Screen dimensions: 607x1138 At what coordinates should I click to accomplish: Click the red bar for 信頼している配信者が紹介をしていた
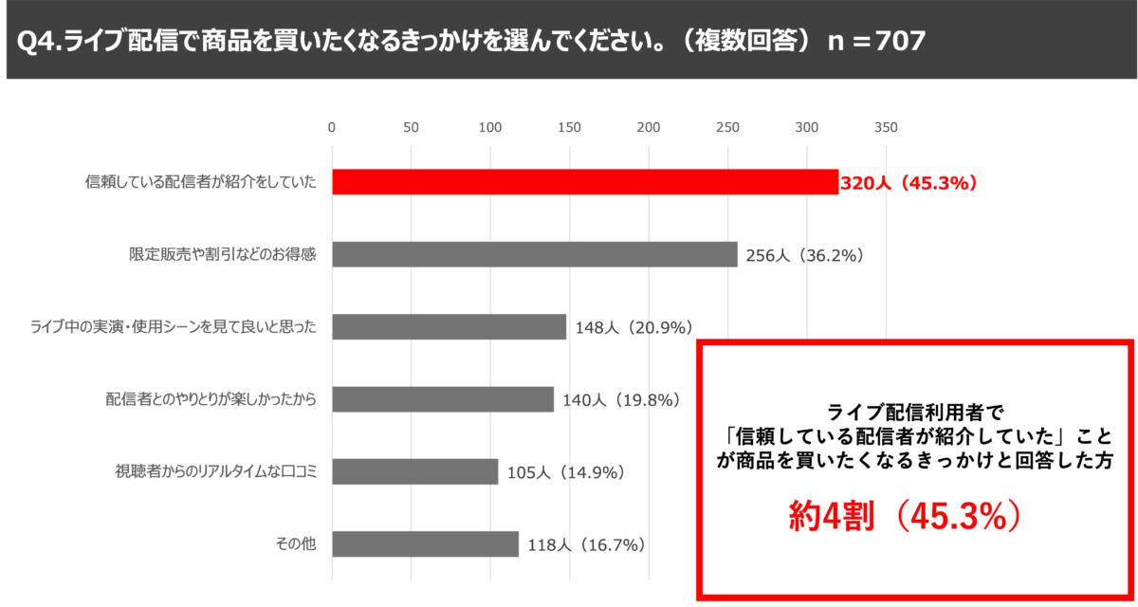[584, 182]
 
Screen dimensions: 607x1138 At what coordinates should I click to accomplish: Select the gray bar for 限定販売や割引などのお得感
[534, 254]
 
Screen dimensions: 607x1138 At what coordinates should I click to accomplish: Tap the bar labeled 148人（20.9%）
[449, 327]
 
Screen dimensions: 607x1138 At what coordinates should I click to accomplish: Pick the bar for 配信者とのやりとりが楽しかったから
[442, 399]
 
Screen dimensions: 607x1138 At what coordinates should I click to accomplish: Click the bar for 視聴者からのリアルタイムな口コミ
[414, 471]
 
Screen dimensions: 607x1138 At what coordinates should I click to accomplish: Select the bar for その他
[425, 544]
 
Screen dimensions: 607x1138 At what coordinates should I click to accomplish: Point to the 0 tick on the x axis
[332, 127]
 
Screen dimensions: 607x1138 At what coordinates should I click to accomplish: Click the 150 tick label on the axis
[569, 127]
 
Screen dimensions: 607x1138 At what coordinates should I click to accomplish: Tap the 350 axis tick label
[886, 127]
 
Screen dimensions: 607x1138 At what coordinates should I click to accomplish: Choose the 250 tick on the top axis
[727, 127]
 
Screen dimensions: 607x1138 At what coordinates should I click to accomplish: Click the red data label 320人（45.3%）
[909, 183]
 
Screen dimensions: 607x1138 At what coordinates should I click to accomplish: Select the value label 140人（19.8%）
[621, 400]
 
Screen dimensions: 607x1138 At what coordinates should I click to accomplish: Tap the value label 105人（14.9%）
[566, 472]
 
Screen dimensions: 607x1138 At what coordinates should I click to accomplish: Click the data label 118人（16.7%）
[587, 544]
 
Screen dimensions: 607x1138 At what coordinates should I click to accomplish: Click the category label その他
[294, 544]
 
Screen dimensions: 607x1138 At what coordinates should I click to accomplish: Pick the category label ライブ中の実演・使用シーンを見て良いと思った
[173, 327]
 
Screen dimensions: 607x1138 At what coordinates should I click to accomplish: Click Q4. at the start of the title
[40, 41]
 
